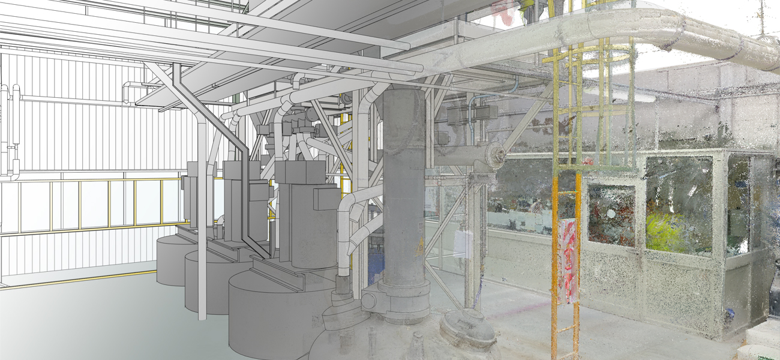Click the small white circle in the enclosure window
[x=611, y=214]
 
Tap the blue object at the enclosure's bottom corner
[x=730, y=312]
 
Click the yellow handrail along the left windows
[x=90, y=179]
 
